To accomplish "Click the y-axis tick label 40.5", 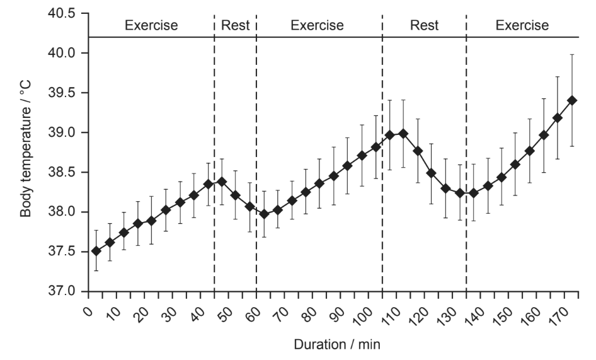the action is pos(61,13).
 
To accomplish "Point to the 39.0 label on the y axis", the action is pos(61,132).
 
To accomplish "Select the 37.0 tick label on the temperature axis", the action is pos(61,291).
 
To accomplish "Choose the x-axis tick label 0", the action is pos(88,311).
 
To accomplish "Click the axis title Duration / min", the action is pos(337,344).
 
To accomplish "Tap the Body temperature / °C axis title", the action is pos(25,149).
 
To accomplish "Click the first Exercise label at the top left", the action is pos(151,25).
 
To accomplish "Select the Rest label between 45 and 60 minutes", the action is pos(235,25).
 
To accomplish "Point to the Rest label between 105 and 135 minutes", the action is pos(424,25).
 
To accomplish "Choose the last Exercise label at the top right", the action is pos(522,25).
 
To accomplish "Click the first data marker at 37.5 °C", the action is pos(96,251).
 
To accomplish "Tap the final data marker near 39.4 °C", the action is pos(571,100).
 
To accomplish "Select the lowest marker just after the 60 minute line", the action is pos(264,214).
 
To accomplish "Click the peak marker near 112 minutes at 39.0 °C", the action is pos(403,134).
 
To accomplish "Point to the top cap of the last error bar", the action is pos(571,55).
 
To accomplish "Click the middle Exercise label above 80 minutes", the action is pos(318,25).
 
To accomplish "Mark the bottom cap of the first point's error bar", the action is pos(96,270).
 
